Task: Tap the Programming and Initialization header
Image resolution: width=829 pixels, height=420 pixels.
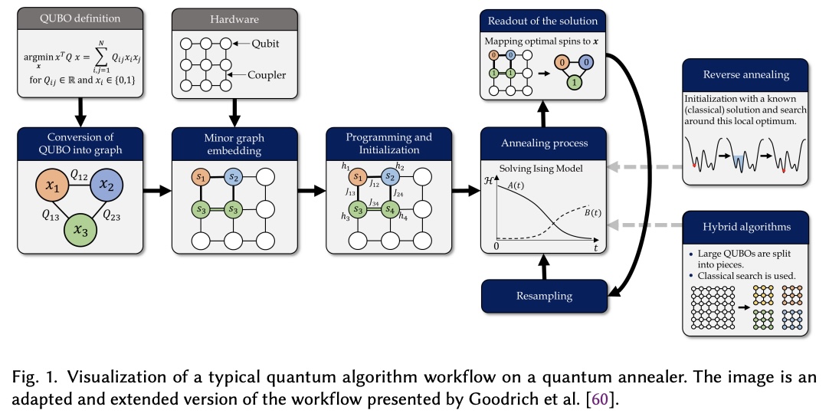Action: pos(388,143)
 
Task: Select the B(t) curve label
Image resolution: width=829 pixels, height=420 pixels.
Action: pos(588,212)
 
